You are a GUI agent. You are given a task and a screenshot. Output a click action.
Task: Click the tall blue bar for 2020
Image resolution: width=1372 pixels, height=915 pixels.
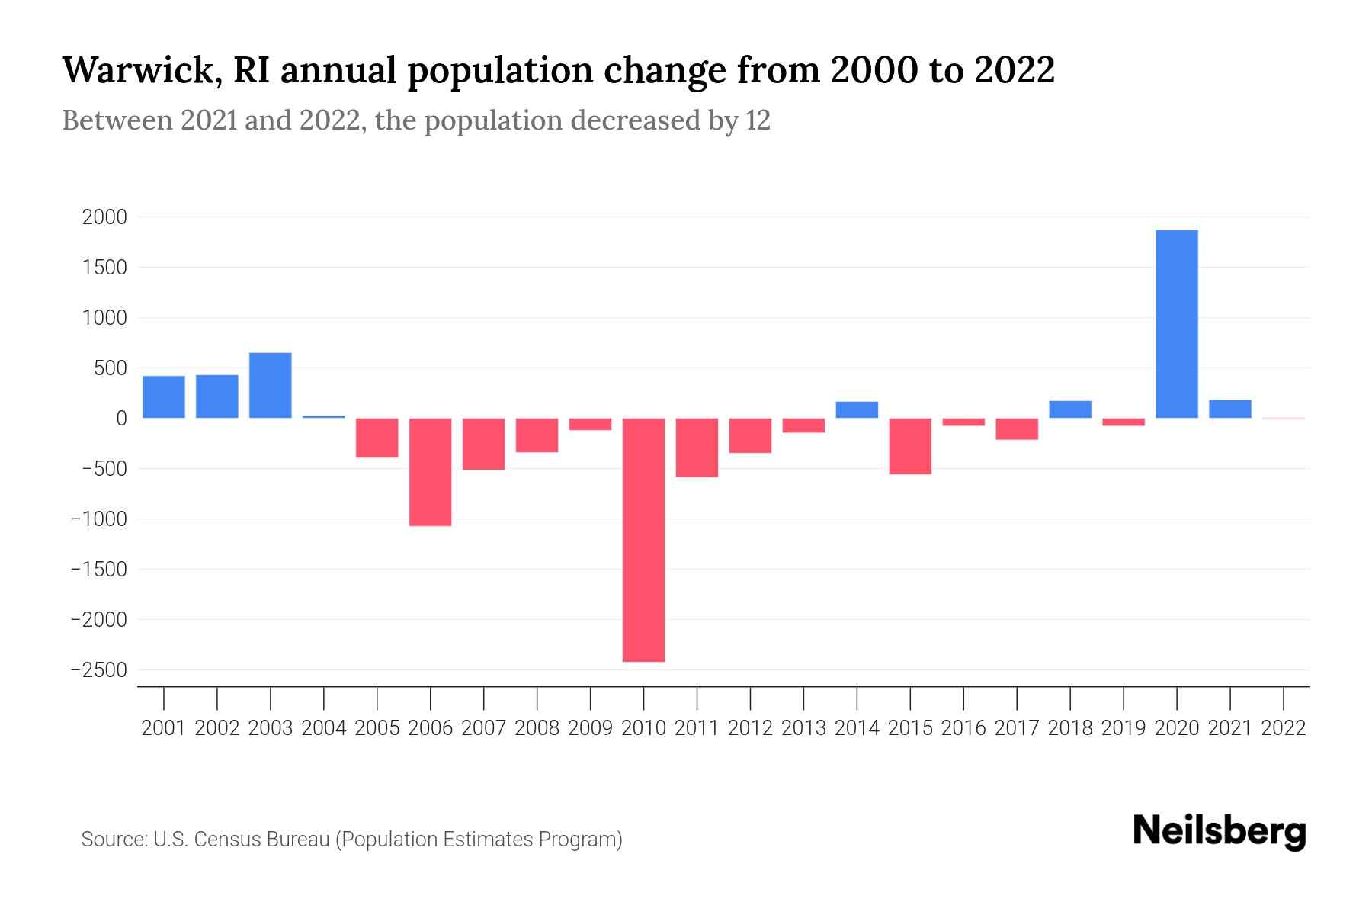(1176, 324)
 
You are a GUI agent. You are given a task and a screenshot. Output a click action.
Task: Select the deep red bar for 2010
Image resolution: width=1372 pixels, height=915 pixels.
(643, 540)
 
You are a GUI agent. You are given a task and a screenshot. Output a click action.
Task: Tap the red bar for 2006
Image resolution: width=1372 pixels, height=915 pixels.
(430, 472)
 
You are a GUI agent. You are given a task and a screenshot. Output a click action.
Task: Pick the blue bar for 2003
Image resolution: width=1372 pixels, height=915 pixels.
(270, 385)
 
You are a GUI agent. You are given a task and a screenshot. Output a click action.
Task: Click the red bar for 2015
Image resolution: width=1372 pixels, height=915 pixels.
(909, 446)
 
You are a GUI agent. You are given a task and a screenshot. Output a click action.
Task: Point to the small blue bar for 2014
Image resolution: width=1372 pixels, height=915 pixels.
(857, 409)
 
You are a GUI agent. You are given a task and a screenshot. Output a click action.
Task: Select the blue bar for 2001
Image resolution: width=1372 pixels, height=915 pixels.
(163, 396)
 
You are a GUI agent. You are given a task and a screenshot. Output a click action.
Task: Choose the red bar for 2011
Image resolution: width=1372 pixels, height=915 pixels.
(697, 448)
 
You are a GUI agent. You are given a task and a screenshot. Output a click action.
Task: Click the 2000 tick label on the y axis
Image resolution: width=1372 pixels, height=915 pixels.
(104, 217)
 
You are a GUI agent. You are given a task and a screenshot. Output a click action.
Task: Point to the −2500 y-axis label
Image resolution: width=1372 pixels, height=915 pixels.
(99, 670)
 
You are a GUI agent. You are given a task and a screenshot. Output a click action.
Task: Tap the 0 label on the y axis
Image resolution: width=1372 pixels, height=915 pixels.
(120, 419)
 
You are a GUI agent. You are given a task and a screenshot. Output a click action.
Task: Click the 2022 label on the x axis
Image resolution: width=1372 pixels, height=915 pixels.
(1284, 728)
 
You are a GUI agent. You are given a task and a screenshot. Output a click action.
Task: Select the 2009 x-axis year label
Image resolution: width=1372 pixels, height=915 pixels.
(590, 728)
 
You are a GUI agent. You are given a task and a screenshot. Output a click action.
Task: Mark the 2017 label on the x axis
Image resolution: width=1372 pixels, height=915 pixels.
(1017, 728)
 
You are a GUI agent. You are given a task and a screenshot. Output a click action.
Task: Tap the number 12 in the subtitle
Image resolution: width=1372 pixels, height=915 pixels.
(758, 120)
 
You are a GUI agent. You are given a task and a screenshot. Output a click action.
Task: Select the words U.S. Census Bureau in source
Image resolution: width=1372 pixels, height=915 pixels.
(241, 840)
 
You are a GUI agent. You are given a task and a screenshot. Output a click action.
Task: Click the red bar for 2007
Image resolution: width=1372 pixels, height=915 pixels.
(483, 444)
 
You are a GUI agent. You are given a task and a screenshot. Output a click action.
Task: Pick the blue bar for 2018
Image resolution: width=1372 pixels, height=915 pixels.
(1070, 409)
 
